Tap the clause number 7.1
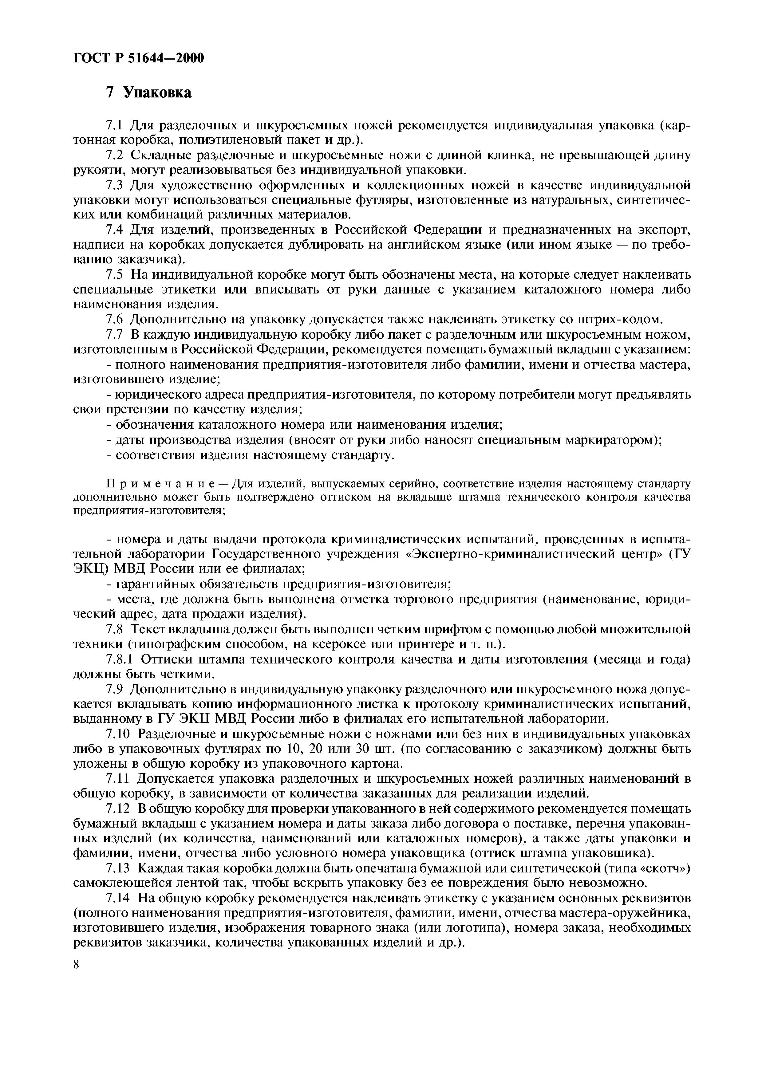114,125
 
